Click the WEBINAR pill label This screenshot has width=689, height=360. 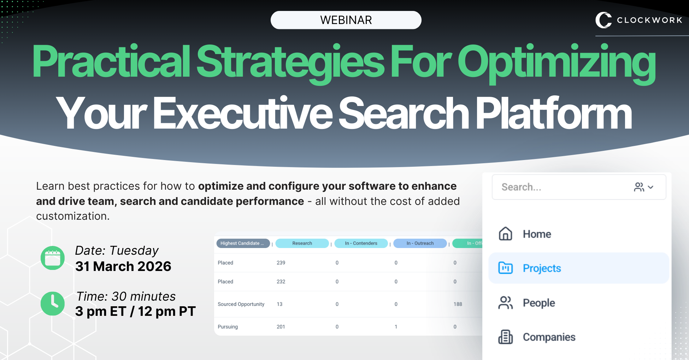346,20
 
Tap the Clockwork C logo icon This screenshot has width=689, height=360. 603,20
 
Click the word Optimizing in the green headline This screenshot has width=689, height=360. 556,62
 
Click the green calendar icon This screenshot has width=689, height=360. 53,258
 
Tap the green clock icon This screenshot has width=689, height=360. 53,303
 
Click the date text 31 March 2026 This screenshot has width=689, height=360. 123,266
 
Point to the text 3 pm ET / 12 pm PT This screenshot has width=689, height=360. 135,311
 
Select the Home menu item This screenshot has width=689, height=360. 537,234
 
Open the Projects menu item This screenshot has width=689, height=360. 542,268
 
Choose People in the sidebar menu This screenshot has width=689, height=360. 538,303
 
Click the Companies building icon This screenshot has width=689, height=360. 505,337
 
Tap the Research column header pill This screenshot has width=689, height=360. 302,243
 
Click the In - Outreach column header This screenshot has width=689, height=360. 420,243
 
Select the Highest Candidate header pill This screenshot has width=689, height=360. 243,243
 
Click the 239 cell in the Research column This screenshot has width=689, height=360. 281,263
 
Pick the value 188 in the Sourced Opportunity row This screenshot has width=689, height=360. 458,304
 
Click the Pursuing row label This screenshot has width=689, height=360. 228,327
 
